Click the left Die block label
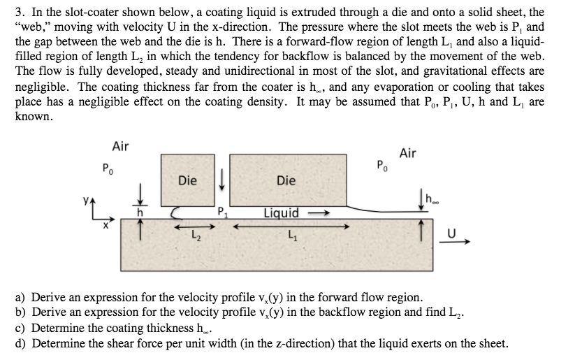point(187,180)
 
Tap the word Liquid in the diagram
point(281,213)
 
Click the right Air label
point(408,152)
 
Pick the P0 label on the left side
point(107,168)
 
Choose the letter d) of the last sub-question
point(20,343)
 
